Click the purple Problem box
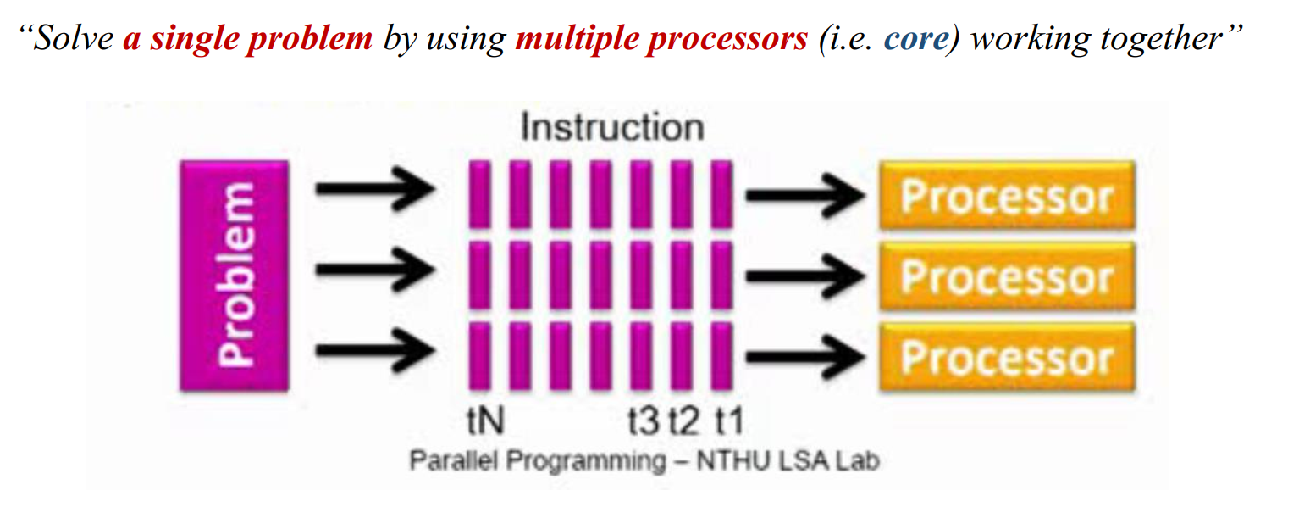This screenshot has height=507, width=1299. pos(235,275)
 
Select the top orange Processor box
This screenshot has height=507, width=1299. pos(1007,196)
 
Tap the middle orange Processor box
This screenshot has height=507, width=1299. pos(1007,276)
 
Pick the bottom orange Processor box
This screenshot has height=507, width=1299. pos(1007,357)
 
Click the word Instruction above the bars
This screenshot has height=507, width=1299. pos(611,127)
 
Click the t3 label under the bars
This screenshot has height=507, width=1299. pos(644,419)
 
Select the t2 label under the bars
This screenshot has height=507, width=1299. pos(685,419)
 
